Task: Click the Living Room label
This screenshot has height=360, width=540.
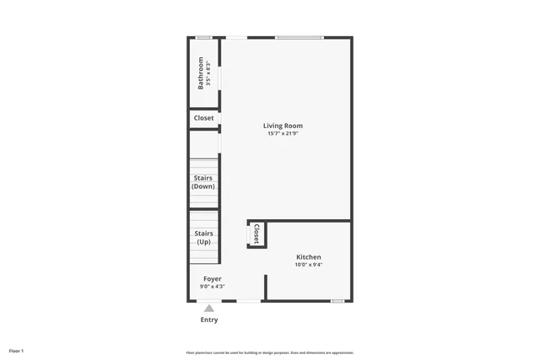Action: (x=283, y=126)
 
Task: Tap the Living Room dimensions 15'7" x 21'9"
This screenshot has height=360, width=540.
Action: (x=283, y=133)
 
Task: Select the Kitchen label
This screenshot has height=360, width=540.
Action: (x=308, y=257)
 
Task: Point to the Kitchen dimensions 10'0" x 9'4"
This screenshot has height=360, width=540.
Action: (x=308, y=265)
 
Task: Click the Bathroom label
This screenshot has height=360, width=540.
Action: (x=201, y=73)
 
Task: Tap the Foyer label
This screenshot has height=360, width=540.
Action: (x=213, y=278)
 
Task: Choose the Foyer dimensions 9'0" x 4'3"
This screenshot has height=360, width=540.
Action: (x=213, y=287)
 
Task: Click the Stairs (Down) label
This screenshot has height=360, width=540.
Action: (x=203, y=182)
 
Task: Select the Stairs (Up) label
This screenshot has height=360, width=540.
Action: (x=203, y=238)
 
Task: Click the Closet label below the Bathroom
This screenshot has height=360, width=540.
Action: (x=203, y=118)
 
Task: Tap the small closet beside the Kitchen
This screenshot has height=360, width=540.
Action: (x=256, y=234)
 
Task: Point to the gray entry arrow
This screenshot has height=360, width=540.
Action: (x=208, y=309)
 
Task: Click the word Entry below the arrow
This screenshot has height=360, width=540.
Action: (x=208, y=320)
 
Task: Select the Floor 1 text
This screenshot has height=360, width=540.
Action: (x=16, y=351)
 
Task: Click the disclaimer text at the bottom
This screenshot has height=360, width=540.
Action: (x=269, y=352)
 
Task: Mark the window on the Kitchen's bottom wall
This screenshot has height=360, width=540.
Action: (x=337, y=301)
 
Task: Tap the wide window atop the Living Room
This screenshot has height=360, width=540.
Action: (x=299, y=37)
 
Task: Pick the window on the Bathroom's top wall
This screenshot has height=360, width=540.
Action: (x=203, y=37)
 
